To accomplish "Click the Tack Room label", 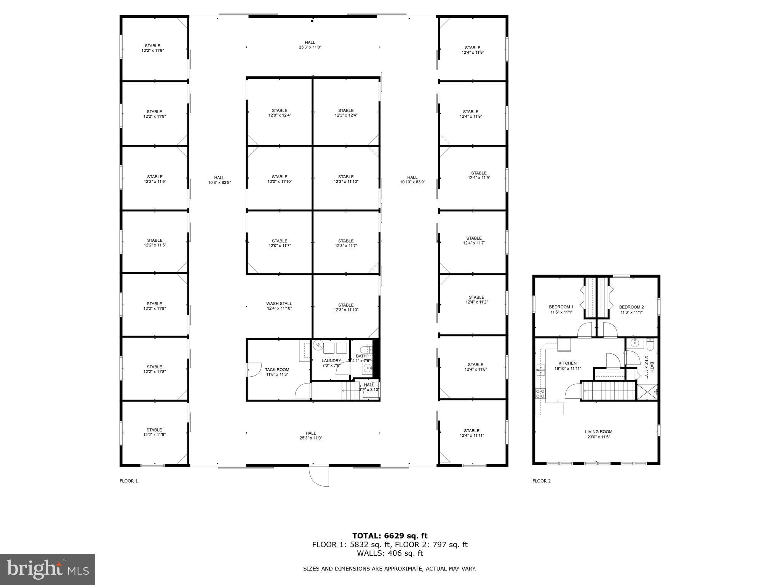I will click(277, 372).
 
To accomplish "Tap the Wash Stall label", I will click(279, 306).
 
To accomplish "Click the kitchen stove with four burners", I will click(540, 393).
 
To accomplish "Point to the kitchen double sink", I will click(540, 370).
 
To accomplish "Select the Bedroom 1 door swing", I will click(585, 330).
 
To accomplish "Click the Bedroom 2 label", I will click(631, 309).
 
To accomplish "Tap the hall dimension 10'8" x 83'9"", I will click(219, 182).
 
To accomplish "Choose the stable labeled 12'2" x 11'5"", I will click(155, 243).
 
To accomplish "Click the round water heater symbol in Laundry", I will click(318, 345).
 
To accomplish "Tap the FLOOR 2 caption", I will click(541, 481).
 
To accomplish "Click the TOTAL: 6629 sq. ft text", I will click(390, 536).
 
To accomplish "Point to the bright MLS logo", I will click(48, 569).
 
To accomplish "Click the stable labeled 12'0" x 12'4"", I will click(279, 113).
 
